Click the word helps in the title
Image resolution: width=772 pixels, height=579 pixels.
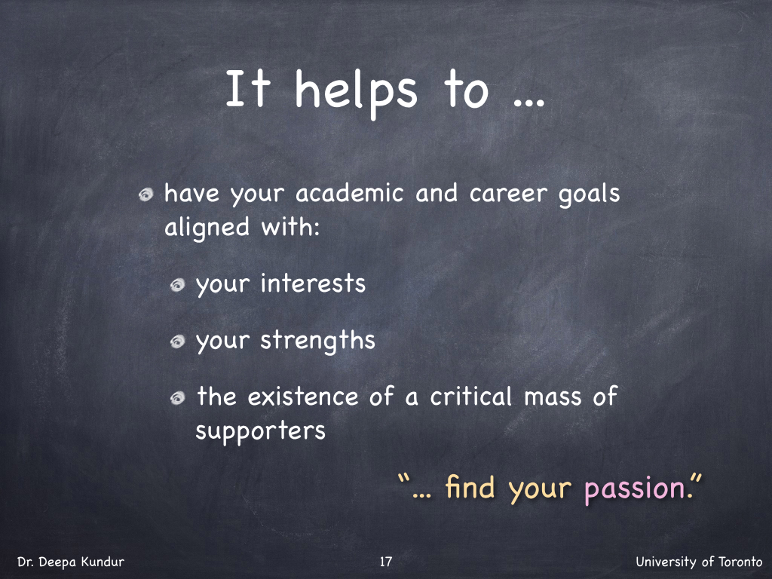coord(356,91)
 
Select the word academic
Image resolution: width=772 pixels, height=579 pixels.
coord(350,192)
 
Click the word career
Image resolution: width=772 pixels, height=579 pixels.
coord(508,194)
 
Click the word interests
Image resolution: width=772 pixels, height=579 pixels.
coord(313,283)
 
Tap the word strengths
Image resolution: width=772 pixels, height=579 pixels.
coord(317,341)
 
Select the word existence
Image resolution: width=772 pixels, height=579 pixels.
coord(303,397)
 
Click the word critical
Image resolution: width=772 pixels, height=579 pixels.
coord(471,397)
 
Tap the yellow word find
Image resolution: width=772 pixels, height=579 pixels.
coord(470,488)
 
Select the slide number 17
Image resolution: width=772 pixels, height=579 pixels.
coord(386,562)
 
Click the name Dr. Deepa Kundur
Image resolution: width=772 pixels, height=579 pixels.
coord(71,562)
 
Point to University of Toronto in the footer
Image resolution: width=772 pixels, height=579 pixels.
coord(699,562)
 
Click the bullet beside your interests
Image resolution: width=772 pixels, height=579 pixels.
coord(177,285)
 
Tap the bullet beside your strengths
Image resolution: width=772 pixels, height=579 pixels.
coord(177,342)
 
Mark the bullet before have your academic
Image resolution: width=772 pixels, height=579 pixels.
coord(146,195)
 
